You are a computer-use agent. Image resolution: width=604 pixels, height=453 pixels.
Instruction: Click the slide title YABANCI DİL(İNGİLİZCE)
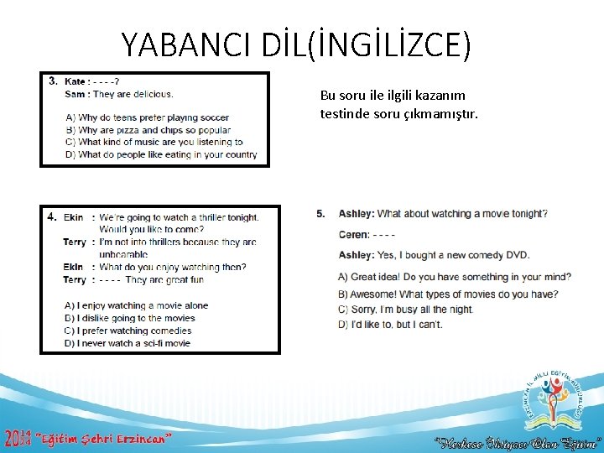coord(296,44)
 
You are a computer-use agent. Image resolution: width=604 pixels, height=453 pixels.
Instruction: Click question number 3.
coord(53,81)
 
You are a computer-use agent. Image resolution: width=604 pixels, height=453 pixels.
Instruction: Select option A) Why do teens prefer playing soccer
coord(147,117)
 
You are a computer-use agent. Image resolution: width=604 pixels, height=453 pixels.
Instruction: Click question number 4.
coord(52,216)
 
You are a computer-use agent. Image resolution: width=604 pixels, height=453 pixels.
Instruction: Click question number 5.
coord(320,214)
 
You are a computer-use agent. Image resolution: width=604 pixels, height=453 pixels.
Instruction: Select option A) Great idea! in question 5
coord(454,277)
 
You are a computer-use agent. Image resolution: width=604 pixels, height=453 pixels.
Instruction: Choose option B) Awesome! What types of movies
coord(447,294)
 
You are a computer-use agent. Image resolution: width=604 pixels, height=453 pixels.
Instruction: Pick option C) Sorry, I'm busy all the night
coord(405,310)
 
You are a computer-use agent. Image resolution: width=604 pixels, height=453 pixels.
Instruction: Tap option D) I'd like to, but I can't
coord(389,325)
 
